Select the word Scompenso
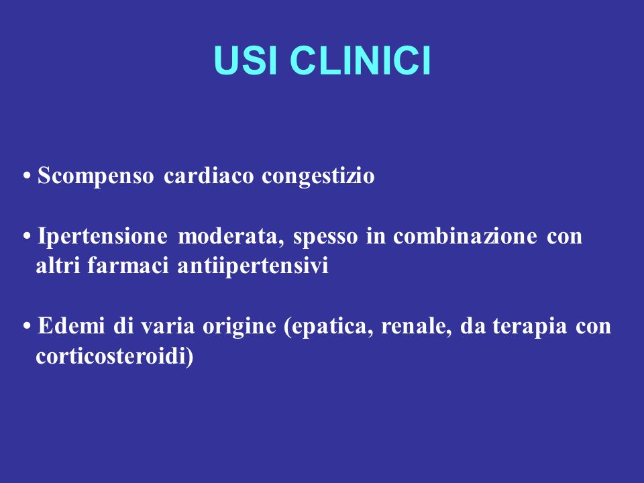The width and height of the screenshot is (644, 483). click(96, 176)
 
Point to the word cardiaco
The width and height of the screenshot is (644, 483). click(209, 175)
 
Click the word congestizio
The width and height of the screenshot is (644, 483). click(318, 176)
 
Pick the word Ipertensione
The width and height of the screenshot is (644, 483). click(102, 237)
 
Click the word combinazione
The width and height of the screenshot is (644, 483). click(465, 235)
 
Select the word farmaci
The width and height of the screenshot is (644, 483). click(127, 265)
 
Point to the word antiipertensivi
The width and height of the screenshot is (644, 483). click(253, 266)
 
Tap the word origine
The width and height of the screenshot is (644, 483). click(239, 327)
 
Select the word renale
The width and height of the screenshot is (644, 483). click(414, 327)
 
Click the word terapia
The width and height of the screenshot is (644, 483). click(529, 327)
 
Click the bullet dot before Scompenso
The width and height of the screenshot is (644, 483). click(27, 176)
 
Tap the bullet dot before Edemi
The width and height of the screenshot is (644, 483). click(27, 327)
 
